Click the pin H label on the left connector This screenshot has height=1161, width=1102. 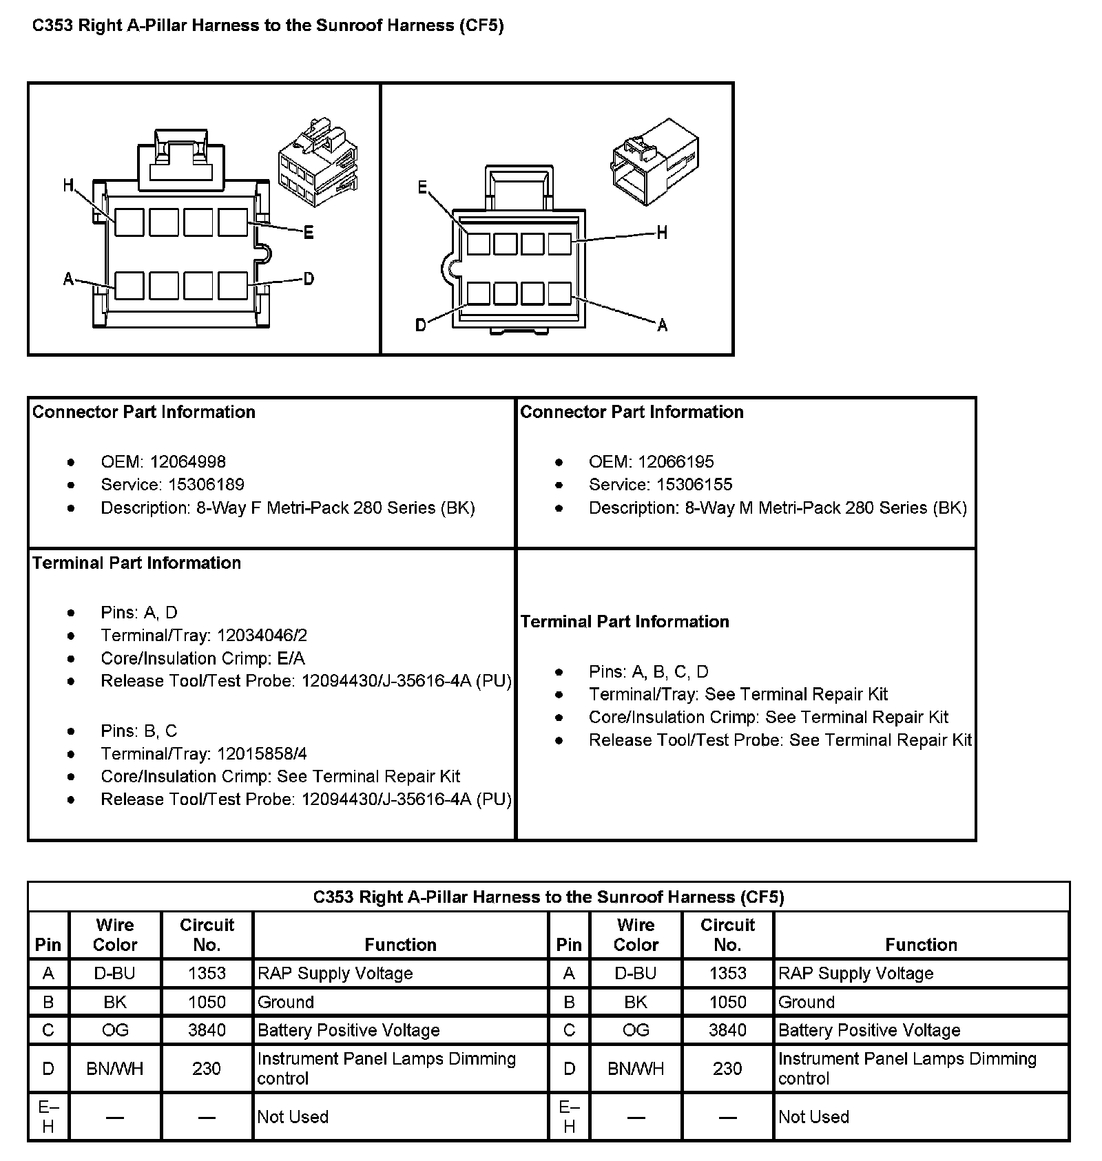tap(67, 185)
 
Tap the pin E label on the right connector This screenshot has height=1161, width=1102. tap(423, 187)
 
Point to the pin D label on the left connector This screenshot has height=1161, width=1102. tap(309, 279)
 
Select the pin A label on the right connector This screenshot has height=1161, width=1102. tap(662, 325)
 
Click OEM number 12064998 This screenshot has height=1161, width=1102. tap(187, 461)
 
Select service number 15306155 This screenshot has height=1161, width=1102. tap(694, 484)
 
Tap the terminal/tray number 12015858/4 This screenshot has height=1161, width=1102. tap(262, 753)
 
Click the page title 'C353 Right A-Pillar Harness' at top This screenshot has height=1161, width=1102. tap(268, 26)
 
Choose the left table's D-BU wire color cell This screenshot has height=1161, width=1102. tap(115, 973)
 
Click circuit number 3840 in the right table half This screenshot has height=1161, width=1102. tap(727, 1030)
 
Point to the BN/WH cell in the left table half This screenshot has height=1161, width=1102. tap(115, 1069)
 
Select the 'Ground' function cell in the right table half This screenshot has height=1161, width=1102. tap(807, 1002)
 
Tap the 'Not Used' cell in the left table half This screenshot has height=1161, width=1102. tap(293, 1116)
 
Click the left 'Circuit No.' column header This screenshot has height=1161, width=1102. tap(207, 934)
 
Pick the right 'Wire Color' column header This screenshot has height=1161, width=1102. tap(636, 934)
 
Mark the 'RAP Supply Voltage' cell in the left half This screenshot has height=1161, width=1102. tap(335, 973)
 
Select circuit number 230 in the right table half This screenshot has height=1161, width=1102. tap(727, 1069)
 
